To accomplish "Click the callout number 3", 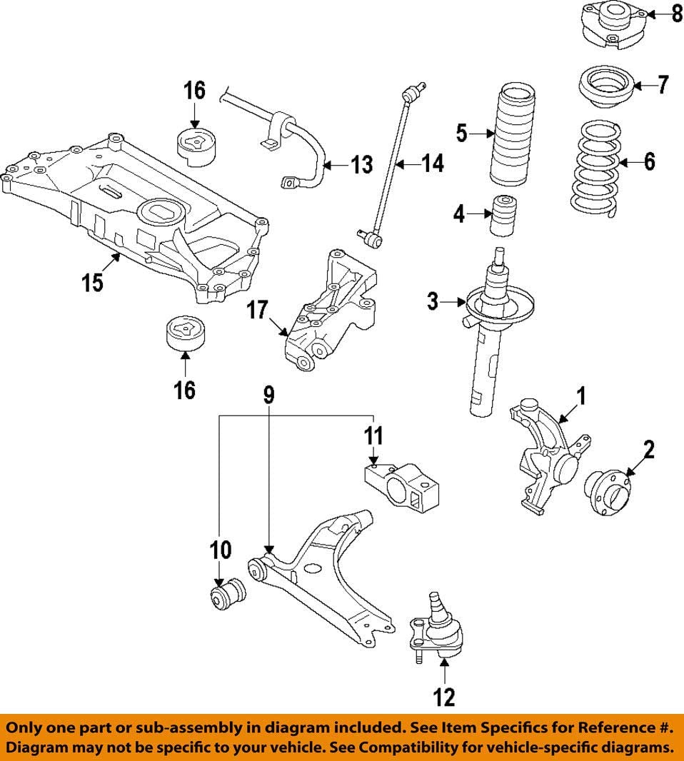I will point(433,301).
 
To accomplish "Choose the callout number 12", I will point(444,696).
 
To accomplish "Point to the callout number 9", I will point(268,395).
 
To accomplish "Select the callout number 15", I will point(92,281).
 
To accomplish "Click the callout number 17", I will point(257,311).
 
